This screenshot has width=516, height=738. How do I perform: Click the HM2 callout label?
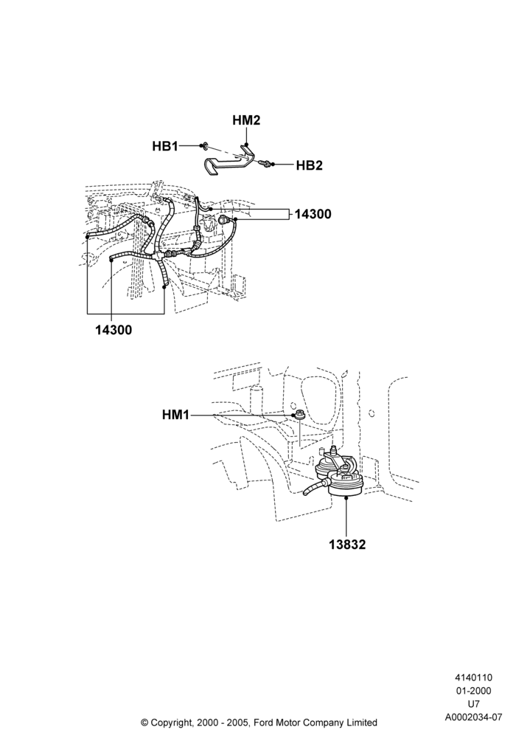point(246,120)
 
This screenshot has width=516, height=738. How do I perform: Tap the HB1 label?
point(165,146)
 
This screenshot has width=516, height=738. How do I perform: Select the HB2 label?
point(309,165)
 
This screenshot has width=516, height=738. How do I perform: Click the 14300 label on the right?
point(313,214)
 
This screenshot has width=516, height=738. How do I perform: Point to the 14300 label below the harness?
point(114,330)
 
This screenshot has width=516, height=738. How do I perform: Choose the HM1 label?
point(175,415)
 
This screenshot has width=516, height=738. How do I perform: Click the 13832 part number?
point(347,545)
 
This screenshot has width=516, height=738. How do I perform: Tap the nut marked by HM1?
point(299,415)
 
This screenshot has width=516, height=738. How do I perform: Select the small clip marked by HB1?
point(204,146)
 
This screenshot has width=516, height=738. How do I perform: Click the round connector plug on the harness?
point(223,219)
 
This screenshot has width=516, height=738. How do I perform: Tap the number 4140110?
point(474,677)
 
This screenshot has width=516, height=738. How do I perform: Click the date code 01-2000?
point(474,691)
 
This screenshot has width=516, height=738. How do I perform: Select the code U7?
point(474,704)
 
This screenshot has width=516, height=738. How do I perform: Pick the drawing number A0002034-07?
point(474,717)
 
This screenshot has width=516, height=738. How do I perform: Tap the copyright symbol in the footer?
point(144,722)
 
